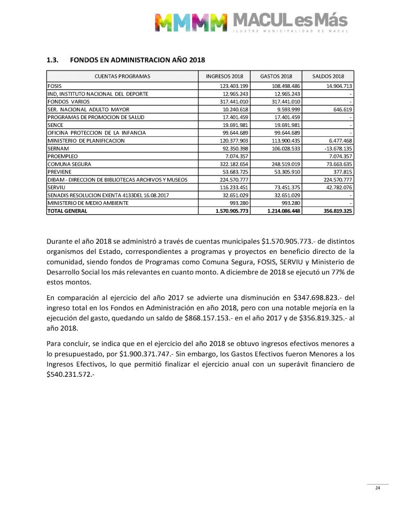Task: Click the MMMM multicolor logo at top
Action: pos(191,22)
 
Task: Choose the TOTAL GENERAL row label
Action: pos(67,211)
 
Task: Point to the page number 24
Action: pos(377,488)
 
